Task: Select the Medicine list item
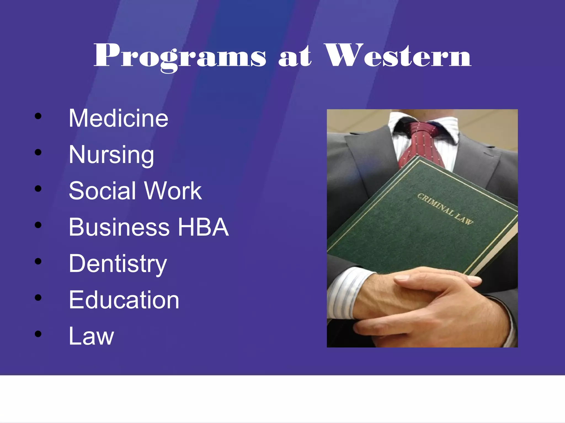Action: coord(118,118)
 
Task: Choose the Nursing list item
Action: coord(111,155)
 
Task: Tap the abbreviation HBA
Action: coord(203,227)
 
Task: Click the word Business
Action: coord(119,227)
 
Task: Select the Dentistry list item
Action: coord(118,264)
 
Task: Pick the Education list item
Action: coord(124,300)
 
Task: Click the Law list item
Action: coord(91,336)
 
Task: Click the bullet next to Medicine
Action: coord(38,116)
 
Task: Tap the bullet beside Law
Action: coord(38,334)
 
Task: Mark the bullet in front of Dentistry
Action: coord(38,261)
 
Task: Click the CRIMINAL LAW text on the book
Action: coord(445,209)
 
